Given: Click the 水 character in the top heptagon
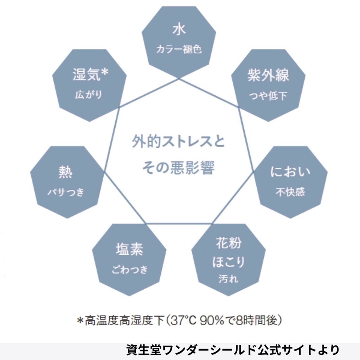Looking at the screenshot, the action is (179, 30).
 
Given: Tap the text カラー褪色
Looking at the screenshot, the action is (179, 49).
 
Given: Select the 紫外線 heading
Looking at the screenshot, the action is (268, 75).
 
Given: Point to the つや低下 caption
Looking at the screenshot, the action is (268, 96).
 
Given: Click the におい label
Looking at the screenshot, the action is (290, 172).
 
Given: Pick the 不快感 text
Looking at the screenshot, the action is (290, 192).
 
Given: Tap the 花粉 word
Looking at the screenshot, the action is (229, 243).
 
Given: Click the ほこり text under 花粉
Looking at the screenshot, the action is (229, 262).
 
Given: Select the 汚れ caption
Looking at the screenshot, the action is (229, 279).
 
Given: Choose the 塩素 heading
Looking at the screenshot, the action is (129, 249).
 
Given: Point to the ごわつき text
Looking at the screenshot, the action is (129, 269).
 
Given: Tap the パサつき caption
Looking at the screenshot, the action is (66, 192).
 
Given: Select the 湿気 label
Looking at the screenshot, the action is (86, 75).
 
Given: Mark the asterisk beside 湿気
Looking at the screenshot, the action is (104, 72).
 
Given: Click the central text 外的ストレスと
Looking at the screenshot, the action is (178, 141).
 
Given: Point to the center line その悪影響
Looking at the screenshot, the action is (178, 167).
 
